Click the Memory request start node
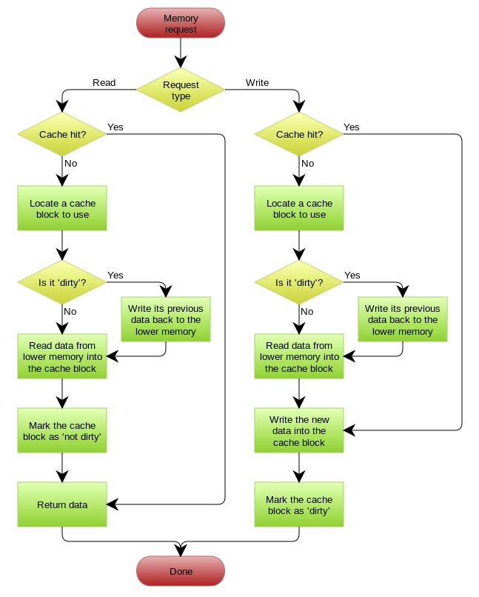[181, 23]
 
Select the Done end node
[181, 571]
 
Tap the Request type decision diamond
[181, 90]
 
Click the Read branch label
[104, 83]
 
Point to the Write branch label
[257, 83]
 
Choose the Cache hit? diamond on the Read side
[62, 134]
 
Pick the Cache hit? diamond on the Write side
[299, 134]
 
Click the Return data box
[62, 504]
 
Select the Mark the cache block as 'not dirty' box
[62, 430]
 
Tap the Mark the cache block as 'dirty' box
[299, 504]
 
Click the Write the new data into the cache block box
[299, 430]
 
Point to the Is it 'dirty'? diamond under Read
[62, 282]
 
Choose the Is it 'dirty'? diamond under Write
[299, 282]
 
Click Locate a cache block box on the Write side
[299, 208]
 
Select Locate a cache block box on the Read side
[62, 208]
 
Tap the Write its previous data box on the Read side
[166, 319]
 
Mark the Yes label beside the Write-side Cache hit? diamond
[352, 127]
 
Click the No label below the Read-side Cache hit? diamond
[71, 164]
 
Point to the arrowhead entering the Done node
[181, 550]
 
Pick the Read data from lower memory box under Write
[299, 356]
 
